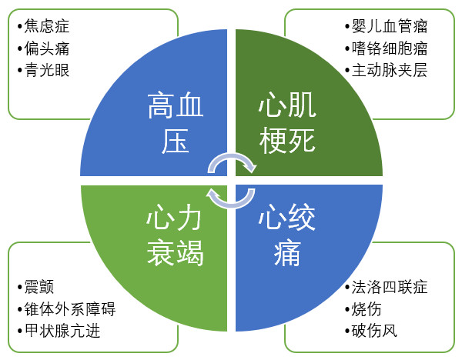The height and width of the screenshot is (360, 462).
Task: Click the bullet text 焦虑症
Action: point(47,26)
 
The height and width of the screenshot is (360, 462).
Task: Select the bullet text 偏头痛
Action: point(47,48)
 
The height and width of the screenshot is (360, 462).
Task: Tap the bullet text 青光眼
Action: point(47,70)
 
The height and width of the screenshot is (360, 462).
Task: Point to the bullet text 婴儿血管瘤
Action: point(390,26)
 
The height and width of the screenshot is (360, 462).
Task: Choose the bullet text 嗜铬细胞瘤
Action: point(390,48)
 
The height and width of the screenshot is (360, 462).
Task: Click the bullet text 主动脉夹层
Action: point(390,70)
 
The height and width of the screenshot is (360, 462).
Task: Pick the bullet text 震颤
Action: point(39,287)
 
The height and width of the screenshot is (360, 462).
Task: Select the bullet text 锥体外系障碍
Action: point(70,308)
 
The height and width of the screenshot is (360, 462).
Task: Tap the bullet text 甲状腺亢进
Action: point(62,331)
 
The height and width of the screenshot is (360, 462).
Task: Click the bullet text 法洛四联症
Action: point(390,287)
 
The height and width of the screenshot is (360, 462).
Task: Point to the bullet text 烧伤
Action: point(367,308)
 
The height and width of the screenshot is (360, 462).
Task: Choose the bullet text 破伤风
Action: point(374,331)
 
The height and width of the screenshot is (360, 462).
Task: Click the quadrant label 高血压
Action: point(176,122)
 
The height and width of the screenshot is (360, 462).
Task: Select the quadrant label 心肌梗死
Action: point(287,122)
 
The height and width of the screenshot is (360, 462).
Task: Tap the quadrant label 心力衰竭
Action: point(175,235)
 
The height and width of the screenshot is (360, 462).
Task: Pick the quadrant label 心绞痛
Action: point(287,235)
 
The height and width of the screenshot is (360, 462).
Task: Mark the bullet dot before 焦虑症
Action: point(20,26)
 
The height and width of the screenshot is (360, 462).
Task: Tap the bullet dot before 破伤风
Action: point(347,332)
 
